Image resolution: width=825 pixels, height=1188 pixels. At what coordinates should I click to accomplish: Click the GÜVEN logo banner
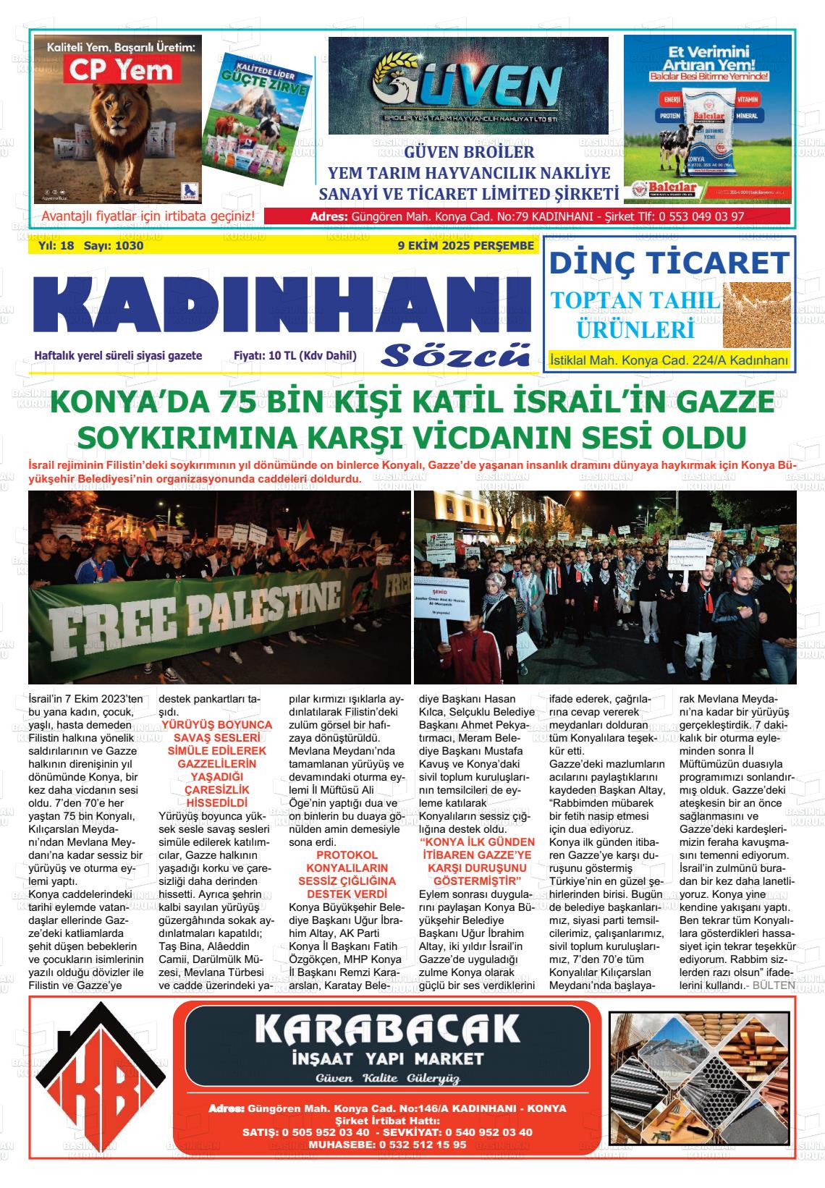coord(468,86)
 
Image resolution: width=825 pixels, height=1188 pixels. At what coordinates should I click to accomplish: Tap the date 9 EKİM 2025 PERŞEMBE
coord(465,246)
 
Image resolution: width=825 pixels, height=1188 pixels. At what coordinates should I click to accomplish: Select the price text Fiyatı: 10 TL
coord(295,356)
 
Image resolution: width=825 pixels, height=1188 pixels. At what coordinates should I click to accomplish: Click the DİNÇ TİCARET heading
coord(669,262)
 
